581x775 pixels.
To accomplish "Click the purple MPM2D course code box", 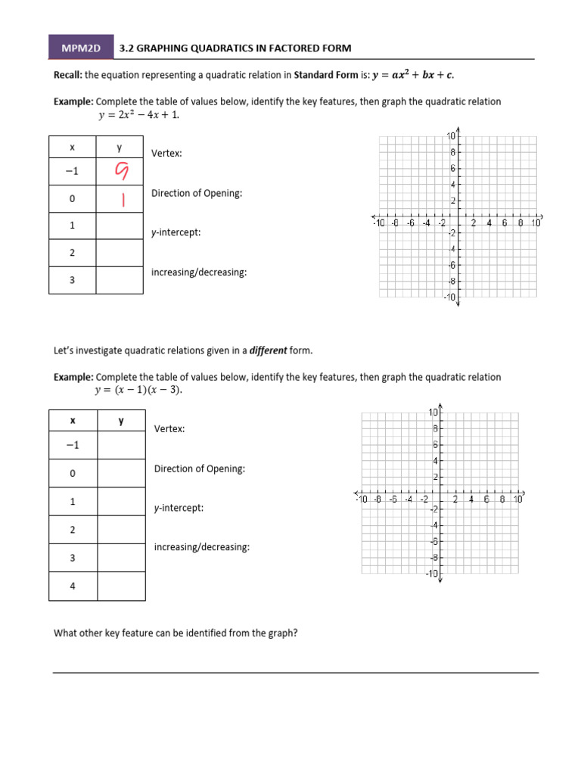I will coord(81,48).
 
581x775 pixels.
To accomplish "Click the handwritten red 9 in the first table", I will coord(120,173).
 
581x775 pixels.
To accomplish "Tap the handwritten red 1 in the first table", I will coord(120,200).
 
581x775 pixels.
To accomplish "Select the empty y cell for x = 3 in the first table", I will coord(120,279).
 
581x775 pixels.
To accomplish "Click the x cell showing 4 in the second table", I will coord(73,586).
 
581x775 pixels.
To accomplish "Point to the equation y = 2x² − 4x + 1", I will coord(138,116).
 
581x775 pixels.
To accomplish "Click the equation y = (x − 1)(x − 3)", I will coord(138,391).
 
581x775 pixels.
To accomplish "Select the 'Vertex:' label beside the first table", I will coord(166,154).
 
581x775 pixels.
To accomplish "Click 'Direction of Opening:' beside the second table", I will coord(200,468).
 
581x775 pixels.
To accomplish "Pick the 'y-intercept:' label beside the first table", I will coord(176,232).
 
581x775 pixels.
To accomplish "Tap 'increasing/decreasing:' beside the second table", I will coord(202,546).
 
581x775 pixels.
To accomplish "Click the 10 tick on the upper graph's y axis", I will coord(450,136).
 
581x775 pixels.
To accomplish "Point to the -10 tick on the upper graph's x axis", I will coord(378,223).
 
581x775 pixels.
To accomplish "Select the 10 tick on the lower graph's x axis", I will coord(518,500).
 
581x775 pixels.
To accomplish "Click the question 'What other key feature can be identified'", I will coord(175,633).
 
